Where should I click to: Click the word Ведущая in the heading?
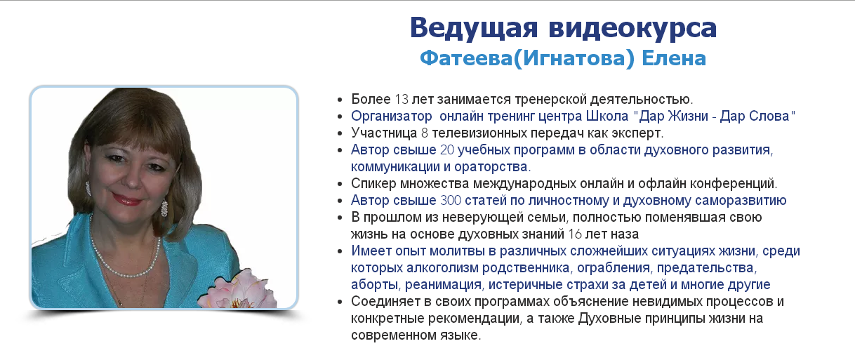point(474,28)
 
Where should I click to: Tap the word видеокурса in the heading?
point(633,28)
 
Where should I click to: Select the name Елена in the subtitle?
point(674,58)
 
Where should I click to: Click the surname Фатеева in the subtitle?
point(466,58)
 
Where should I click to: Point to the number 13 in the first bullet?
point(401,99)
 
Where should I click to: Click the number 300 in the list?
point(451,200)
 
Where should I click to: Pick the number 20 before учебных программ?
point(447,149)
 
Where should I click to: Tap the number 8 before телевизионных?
point(425,133)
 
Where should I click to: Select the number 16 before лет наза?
point(575,234)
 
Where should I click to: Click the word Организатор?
point(391,116)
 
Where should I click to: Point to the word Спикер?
point(373,184)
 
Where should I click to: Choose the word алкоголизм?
point(442,267)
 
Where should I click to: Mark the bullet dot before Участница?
point(340,133)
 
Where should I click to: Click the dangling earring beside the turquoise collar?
point(164,208)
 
